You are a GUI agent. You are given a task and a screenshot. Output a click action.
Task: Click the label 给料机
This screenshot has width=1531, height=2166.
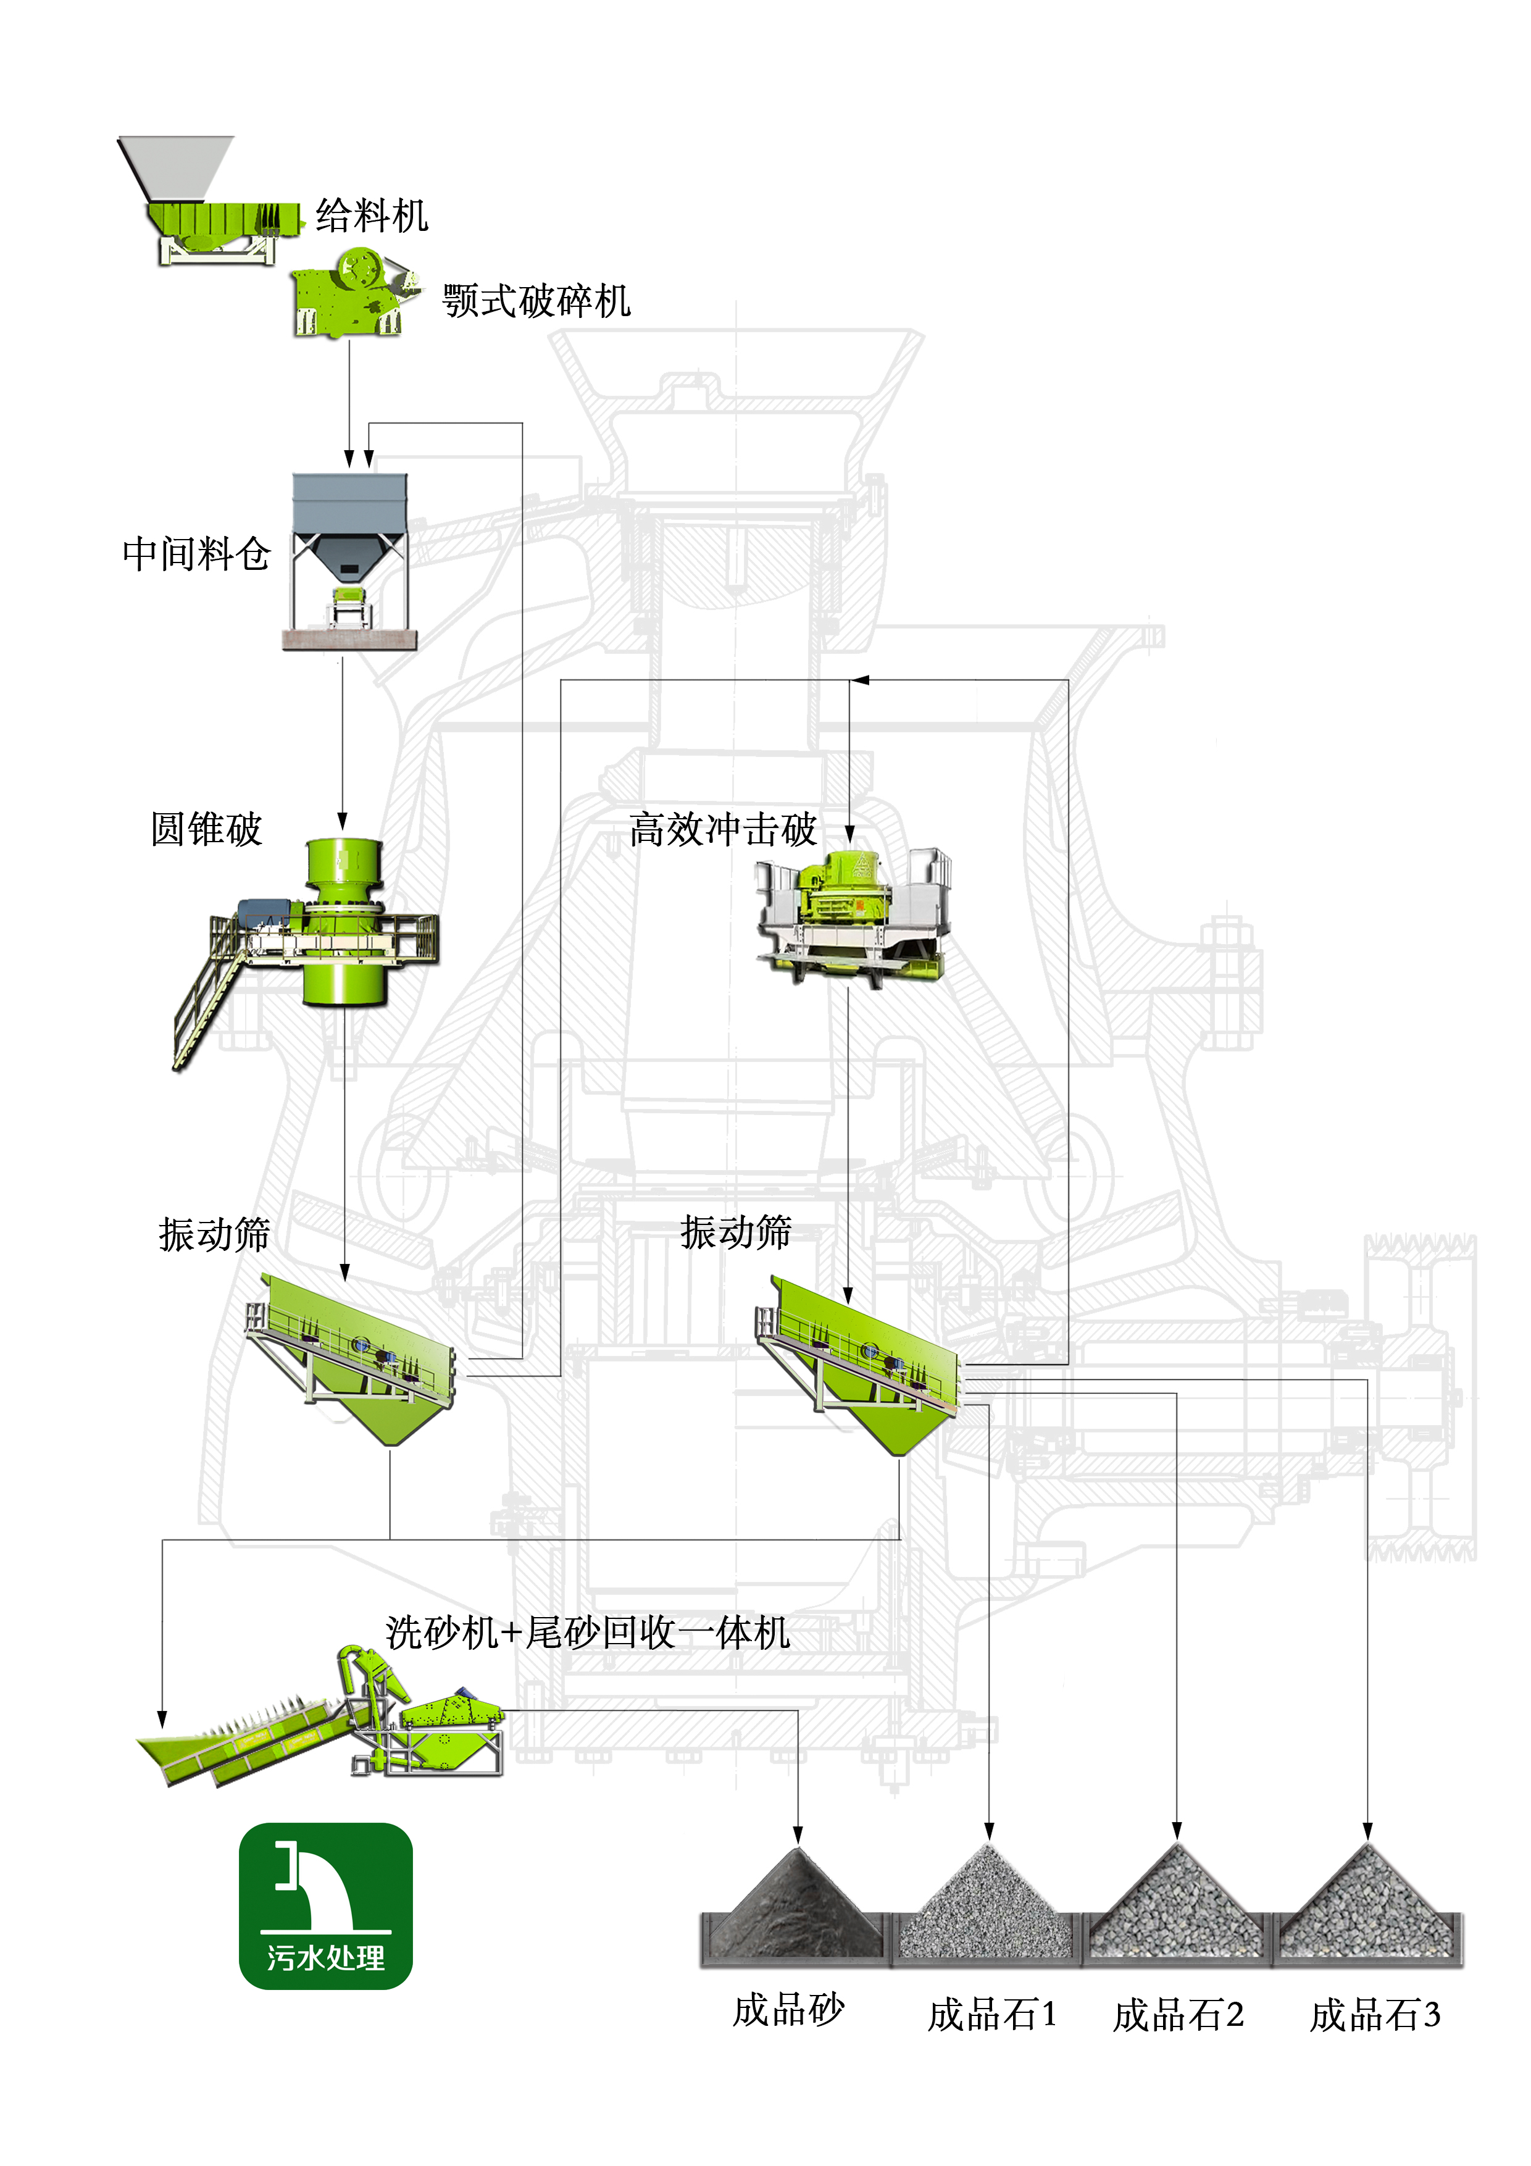click(372, 216)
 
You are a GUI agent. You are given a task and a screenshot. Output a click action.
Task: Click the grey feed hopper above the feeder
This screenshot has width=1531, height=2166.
click(177, 167)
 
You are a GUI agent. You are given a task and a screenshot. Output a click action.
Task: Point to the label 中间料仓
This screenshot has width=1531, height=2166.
click(196, 554)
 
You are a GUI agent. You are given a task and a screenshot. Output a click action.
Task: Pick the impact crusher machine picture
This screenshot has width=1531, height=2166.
click(852, 915)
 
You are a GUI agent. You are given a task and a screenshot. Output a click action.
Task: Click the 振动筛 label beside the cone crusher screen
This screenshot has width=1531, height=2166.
click(214, 1234)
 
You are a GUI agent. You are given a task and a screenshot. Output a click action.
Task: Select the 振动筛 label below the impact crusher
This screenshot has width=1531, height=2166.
click(736, 1232)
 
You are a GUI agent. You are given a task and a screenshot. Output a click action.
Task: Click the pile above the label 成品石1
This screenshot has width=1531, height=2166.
click(988, 1905)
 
